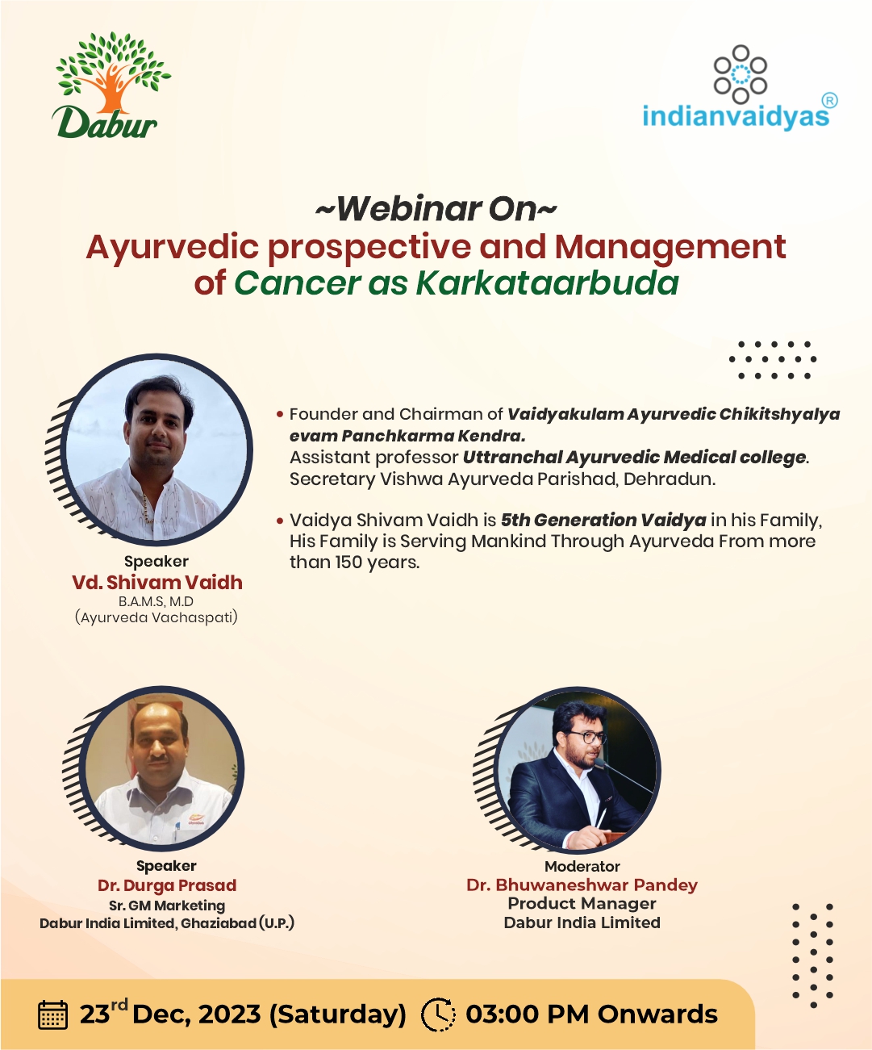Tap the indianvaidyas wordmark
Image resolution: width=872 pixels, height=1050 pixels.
[736, 115]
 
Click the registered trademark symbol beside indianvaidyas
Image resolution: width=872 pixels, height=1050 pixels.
[831, 101]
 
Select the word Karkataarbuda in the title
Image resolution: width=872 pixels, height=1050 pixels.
[548, 282]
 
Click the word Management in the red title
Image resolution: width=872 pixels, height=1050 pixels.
[670, 248]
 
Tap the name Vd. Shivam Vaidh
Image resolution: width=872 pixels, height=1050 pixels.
[156, 582]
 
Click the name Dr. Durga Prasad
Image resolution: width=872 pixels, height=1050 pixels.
[167, 885]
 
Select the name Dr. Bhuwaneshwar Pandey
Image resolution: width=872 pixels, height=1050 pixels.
[582, 885]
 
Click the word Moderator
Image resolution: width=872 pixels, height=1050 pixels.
[582, 866]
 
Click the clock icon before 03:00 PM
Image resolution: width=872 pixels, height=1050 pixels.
[438, 1014]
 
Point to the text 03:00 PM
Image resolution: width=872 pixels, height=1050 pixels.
[528, 1014]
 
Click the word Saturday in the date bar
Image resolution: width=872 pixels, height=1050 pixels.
[338, 1014]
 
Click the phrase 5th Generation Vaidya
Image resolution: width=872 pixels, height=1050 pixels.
[603, 520]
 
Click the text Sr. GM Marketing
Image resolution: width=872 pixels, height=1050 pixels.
[167, 906]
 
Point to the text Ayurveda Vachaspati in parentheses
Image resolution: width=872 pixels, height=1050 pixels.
[156, 617]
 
